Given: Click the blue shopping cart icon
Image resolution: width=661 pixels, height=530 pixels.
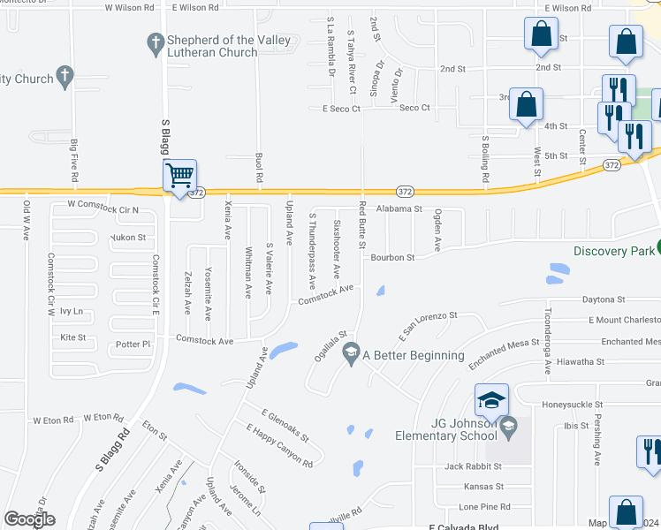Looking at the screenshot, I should (x=179, y=175).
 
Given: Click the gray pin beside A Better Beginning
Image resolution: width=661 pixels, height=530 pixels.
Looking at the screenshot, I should (x=351, y=353).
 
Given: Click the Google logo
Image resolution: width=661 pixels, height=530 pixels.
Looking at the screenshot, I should (x=29, y=519).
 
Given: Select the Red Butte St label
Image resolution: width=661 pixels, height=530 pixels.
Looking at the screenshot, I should (x=361, y=225).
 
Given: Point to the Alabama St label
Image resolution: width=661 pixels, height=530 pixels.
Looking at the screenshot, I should (x=399, y=209).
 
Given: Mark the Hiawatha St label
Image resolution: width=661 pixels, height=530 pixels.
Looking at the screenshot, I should (x=581, y=361).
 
